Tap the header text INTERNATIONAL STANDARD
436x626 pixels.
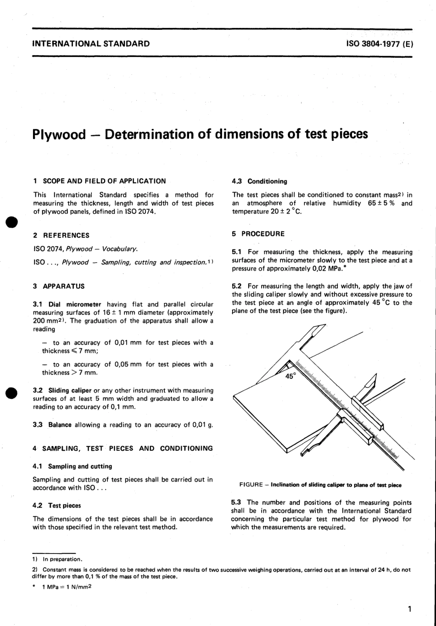point(91,44)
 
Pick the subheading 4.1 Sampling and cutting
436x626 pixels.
point(73,466)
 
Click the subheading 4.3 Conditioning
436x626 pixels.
point(260,181)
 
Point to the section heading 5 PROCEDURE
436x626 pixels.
point(258,234)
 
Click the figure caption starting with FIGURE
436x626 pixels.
point(320,485)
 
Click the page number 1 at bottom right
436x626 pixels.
point(409,609)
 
